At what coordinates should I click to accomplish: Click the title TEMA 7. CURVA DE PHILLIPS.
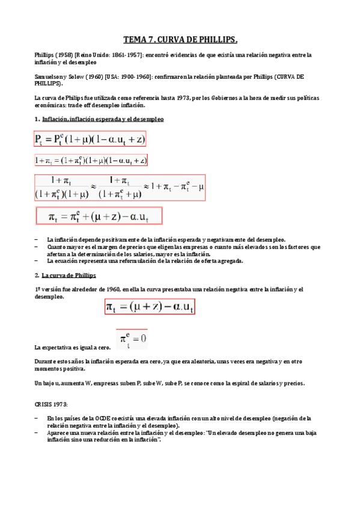[180, 40]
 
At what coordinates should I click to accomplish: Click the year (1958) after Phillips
[64, 55]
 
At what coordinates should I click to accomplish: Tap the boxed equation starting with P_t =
[90, 140]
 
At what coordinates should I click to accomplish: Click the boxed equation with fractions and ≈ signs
[120, 187]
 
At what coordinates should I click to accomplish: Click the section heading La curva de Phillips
[70, 275]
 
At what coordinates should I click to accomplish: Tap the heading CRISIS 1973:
[51, 405]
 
